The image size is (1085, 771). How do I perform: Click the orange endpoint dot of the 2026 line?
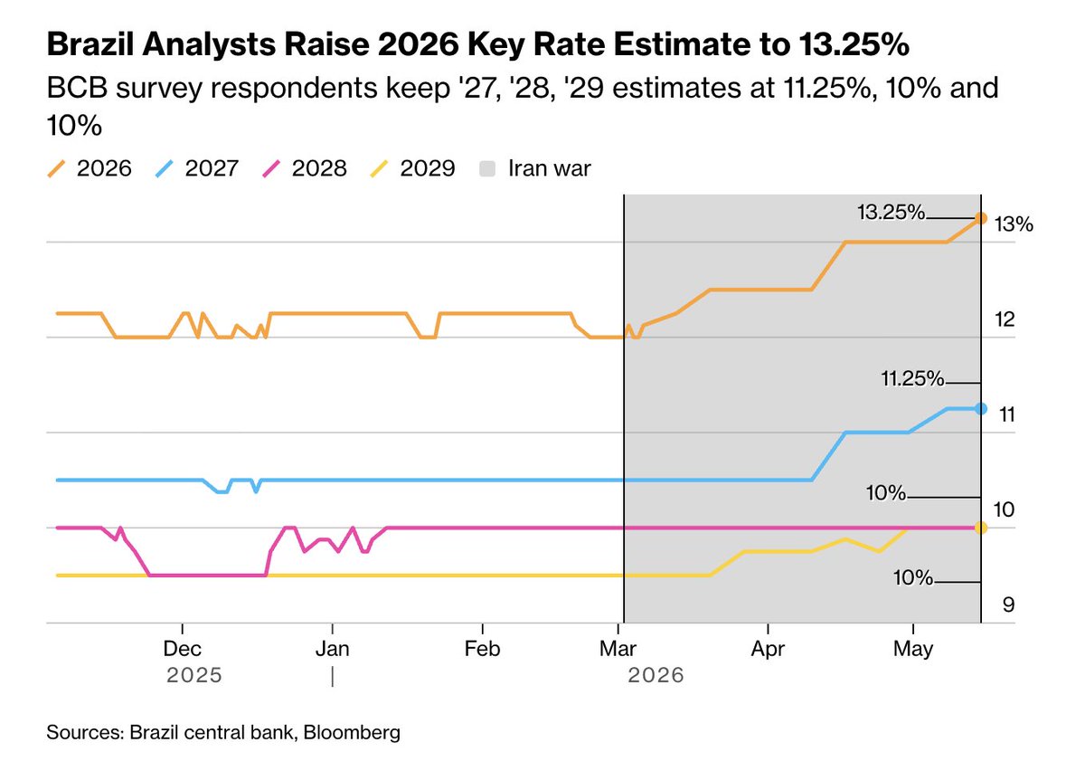(x=980, y=219)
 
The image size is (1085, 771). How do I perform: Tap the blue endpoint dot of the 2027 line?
(x=980, y=409)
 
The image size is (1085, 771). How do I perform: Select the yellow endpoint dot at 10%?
(x=980, y=528)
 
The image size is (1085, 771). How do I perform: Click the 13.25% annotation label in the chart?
(x=892, y=213)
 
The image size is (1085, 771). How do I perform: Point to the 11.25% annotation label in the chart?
(x=912, y=378)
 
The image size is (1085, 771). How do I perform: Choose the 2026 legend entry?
(x=90, y=168)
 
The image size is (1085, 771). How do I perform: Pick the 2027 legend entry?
(x=197, y=168)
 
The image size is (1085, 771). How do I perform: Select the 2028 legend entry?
(x=305, y=168)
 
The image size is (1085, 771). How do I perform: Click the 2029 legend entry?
(x=412, y=168)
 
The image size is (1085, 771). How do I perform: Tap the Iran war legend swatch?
(x=487, y=168)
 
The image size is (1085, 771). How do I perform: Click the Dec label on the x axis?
(x=182, y=649)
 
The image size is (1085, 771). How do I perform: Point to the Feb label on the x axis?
(x=482, y=649)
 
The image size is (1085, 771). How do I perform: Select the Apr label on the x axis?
(x=768, y=649)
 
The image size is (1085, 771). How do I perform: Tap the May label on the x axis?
(x=913, y=649)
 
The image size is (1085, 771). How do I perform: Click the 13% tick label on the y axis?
(x=1014, y=224)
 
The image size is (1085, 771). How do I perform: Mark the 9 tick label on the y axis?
(x=1008, y=604)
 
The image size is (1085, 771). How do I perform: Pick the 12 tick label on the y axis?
(x=1005, y=319)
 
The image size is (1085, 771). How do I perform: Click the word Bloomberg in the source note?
(x=352, y=733)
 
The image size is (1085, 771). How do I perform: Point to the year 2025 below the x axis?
(x=194, y=675)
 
